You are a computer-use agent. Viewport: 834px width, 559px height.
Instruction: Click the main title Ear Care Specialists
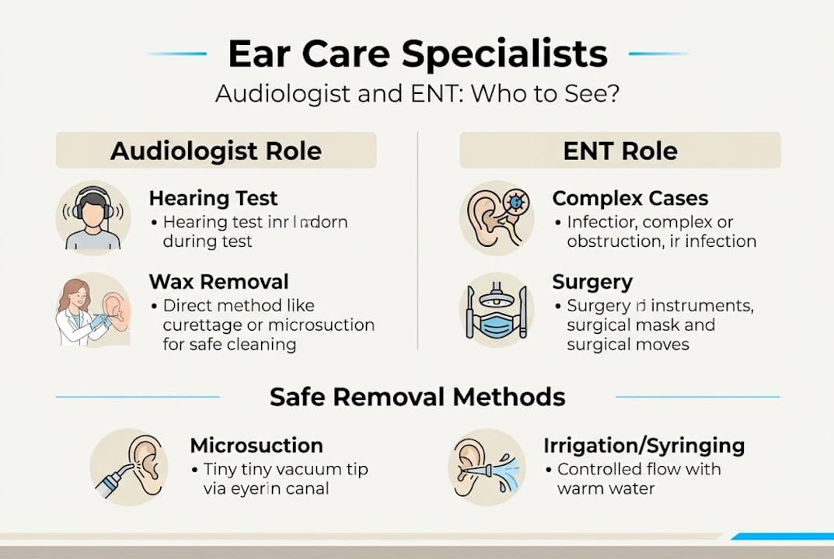[417, 54]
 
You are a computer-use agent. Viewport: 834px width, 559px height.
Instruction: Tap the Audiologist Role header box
[216, 150]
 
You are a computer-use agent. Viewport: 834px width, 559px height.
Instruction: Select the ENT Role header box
[620, 150]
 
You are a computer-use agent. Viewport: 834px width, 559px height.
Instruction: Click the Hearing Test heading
[213, 199]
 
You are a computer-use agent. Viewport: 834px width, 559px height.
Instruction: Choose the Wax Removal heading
[218, 281]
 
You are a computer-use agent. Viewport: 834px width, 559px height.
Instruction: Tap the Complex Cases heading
[630, 199]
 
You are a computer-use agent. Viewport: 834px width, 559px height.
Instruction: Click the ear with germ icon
[496, 218]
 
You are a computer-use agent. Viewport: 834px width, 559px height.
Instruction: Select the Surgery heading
[592, 281]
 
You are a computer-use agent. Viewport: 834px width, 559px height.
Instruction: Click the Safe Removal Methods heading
[417, 398]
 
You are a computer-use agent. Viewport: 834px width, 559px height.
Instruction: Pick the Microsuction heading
[256, 446]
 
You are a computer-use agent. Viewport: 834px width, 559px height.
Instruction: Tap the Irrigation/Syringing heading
[644, 446]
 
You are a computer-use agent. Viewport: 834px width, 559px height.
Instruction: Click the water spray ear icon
[486, 467]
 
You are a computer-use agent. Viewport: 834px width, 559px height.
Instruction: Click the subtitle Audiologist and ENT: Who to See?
[417, 94]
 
